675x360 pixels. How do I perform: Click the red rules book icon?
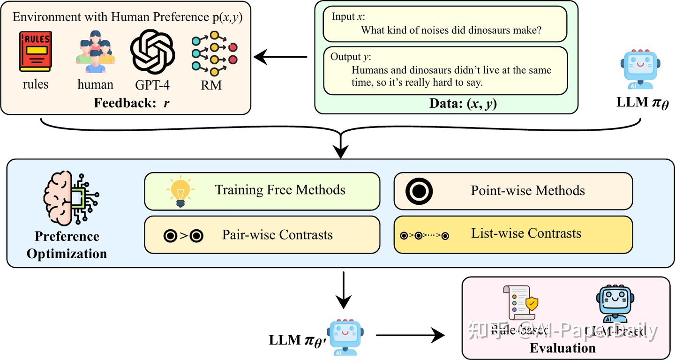[36, 52]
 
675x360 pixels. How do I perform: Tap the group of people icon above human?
[95, 52]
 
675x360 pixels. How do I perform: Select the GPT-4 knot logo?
[152, 52]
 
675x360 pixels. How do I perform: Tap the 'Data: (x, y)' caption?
[463, 104]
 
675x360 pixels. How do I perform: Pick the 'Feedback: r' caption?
[132, 103]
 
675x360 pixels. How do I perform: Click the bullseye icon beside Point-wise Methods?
[419, 191]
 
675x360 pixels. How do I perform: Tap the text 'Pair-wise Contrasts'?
[277, 235]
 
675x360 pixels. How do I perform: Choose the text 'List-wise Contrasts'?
[526, 233]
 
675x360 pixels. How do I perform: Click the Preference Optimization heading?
[67, 245]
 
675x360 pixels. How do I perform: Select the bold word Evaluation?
[562, 348]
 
